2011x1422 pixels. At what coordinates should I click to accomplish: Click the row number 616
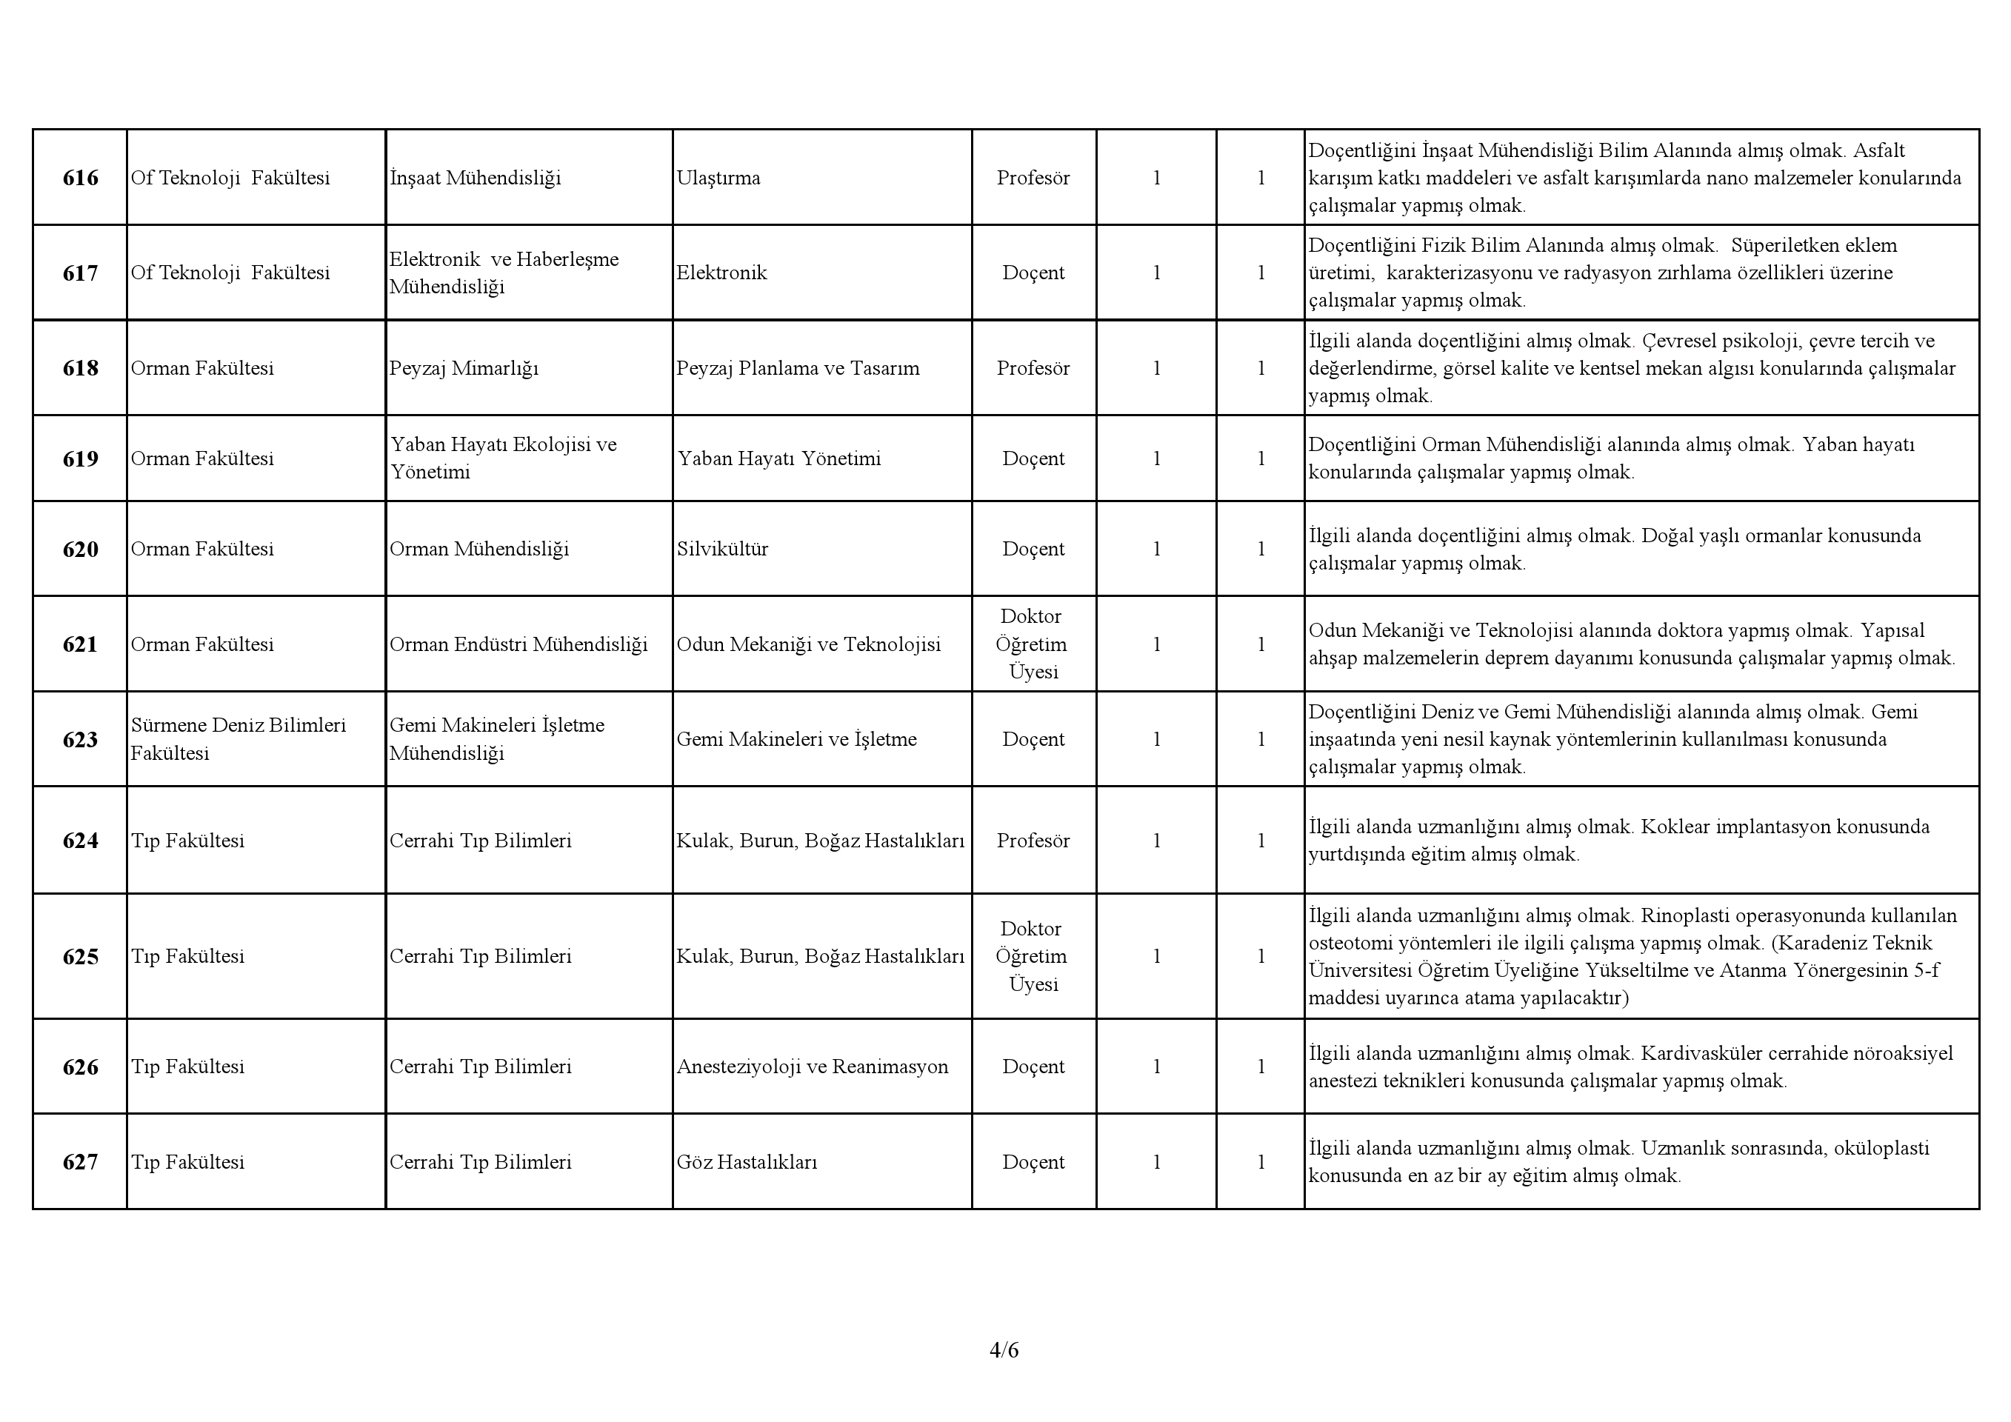(80, 178)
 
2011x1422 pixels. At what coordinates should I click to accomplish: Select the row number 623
(80, 741)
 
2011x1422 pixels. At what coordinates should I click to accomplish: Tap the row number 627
(80, 1163)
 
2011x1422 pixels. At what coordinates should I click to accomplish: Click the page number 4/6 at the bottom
(1004, 1350)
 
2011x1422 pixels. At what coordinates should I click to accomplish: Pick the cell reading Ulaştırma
(718, 178)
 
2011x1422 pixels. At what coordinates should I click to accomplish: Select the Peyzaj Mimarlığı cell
(464, 369)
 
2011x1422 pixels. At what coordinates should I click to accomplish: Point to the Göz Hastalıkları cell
(746, 1163)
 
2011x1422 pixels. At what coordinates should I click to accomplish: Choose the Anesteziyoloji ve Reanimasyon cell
(812, 1067)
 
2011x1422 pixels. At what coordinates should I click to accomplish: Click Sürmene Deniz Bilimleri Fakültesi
(239, 740)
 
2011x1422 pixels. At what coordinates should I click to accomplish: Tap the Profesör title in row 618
(1033, 369)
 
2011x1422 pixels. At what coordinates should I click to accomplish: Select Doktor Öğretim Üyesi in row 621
(1033, 645)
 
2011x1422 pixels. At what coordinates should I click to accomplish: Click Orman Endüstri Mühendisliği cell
(518, 645)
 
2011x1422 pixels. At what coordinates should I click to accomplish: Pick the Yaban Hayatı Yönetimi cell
(778, 460)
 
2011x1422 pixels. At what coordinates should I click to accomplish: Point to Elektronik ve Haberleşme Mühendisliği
(504, 273)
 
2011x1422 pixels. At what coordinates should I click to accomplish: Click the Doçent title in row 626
(1033, 1067)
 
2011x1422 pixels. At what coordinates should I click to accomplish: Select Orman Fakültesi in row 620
(202, 550)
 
